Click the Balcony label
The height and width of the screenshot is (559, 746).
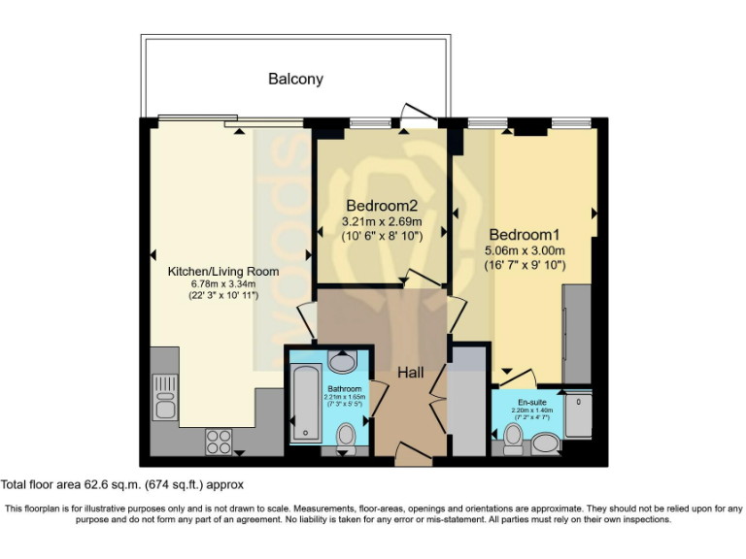(x=295, y=79)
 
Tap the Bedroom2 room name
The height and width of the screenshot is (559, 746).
(x=382, y=206)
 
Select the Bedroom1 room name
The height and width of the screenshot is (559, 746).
(x=526, y=234)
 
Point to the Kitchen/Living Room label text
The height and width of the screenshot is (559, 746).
(x=223, y=271)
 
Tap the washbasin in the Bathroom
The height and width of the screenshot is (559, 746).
(x=342, y=362)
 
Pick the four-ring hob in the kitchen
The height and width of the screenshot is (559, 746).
(x=219, y=442)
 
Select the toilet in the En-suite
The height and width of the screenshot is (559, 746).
(x=513, y=443)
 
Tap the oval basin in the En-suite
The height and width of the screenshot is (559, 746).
(x=546, y=444)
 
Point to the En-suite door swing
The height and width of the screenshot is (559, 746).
(x=519, y=378)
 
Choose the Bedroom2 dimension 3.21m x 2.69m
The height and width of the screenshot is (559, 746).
(x=382, y=222)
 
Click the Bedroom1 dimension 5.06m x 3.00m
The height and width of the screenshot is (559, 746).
(x=526, y=250)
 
